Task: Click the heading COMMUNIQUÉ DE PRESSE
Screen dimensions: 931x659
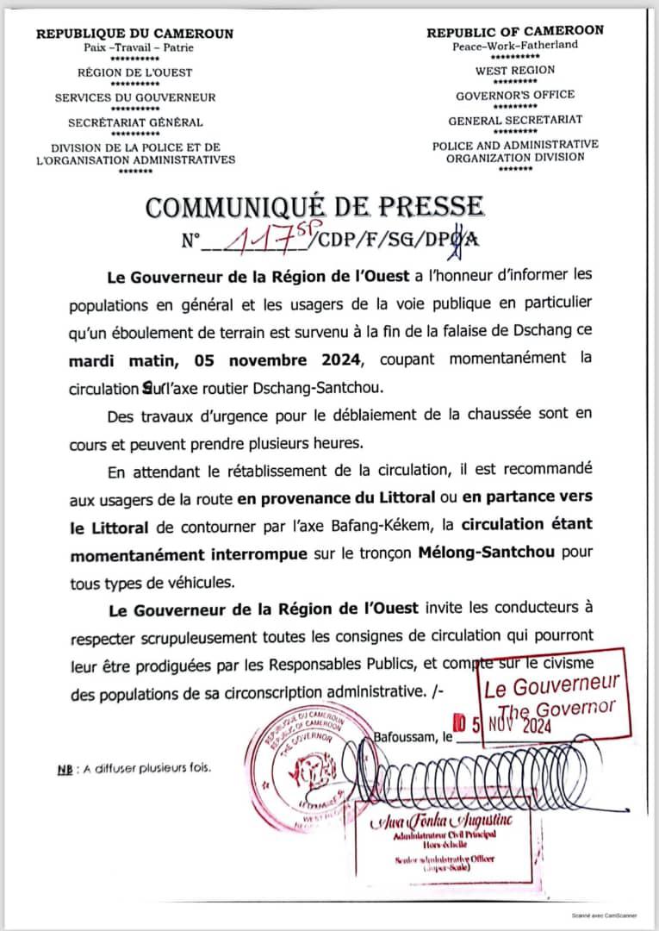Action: click(315, 207)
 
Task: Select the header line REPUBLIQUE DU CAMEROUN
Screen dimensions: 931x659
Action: click(134, 34)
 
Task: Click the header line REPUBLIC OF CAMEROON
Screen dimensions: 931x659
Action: click(515, 31)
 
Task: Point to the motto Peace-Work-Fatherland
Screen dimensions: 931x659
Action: click(515, 46)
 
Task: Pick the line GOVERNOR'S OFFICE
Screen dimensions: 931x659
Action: click(515, 95)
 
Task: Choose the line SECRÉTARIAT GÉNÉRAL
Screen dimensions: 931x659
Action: click(135, 122)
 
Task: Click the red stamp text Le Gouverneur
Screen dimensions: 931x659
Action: click(552, 687)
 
